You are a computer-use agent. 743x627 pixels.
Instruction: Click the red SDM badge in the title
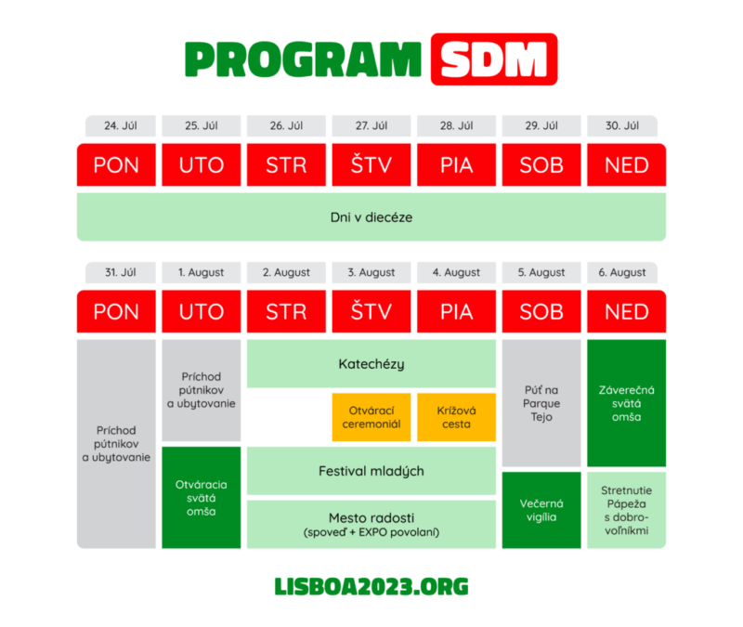coord(494,59)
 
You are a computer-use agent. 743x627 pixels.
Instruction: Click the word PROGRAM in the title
coord(303,59)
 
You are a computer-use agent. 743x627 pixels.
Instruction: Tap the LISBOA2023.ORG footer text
coord(371,587)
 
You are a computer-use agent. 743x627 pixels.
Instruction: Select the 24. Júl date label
coord(121,125)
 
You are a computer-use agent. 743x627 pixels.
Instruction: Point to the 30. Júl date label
coord(622,125)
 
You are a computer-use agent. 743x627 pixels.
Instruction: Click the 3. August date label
coord(371,272)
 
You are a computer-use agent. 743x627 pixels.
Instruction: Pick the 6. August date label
coord(622,272)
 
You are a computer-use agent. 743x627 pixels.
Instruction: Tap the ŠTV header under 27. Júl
coord(371,165)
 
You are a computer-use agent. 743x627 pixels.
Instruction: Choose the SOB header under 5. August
coord(541,311)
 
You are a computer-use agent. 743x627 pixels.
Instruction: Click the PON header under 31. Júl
coord(116,311)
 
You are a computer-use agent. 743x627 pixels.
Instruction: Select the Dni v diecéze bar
coord(371,217)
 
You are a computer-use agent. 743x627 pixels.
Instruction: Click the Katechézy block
coord(371,363)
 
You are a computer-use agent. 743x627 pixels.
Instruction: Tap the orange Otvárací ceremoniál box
coord(371,417)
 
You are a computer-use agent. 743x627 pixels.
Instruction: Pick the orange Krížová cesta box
coord(456,417)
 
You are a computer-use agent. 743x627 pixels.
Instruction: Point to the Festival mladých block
coord(371,471)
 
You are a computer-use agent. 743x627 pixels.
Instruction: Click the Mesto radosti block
coord(371,524)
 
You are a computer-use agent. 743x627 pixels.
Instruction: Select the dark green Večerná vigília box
coord(541,510)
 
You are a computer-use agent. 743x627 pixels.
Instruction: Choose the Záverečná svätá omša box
coord(626,403)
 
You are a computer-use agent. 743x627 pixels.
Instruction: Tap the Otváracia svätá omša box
coord(202,498)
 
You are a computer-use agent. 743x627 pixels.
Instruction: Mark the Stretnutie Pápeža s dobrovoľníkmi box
coord(626,510)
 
